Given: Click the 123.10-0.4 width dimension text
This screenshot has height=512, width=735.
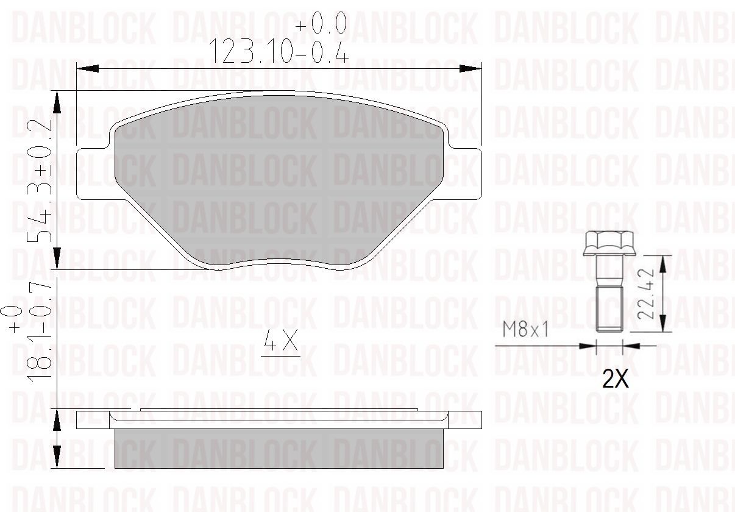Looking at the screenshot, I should (279, 51).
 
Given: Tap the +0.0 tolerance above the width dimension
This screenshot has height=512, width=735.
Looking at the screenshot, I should (321, 24).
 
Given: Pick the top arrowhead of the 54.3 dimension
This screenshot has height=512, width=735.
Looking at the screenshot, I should (57, 101).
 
